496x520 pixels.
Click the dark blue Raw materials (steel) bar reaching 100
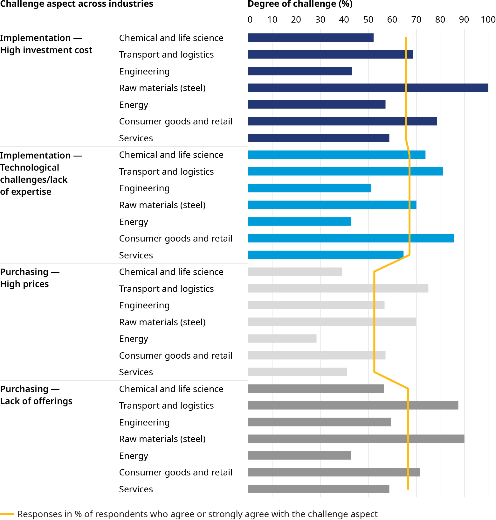368,88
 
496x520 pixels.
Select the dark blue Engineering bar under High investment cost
300,71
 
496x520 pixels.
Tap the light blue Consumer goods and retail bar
351,238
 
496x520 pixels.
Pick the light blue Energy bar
300,221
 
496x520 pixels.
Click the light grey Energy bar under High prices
282,339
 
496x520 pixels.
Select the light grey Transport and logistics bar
338,288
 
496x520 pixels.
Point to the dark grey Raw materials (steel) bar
356,439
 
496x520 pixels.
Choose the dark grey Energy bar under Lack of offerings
300,456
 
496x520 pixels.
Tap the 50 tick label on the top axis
368,20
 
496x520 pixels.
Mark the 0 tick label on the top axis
250,20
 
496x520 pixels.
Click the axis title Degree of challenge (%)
300,4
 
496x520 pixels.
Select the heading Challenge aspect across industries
77,4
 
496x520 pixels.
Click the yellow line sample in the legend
7,514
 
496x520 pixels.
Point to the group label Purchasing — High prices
30,278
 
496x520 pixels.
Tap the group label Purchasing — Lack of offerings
36,395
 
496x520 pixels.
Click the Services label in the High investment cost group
136,138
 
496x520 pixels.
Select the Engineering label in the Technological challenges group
144,188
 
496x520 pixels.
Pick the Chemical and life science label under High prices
171,272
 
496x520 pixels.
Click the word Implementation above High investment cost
35,38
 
